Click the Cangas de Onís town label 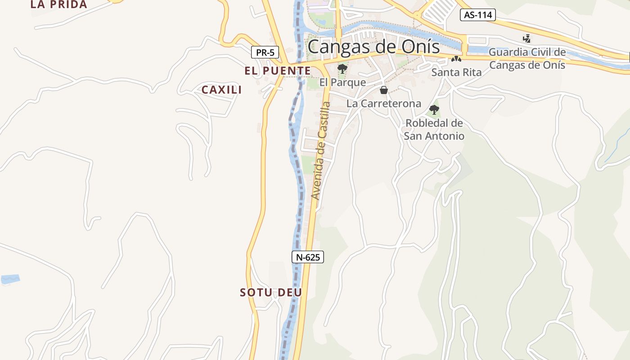click(x=373, y=46)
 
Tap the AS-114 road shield click(x=477, y=15)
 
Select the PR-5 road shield click(x=265, y=52)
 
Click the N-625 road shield click(x=308, y=257)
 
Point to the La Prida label click(x=58, y=4)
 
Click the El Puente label click(x=278, y=71)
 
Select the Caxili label click(x=221, y=90)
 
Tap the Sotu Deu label click(x=271, y=292)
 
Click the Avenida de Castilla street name click(x=321, y=151)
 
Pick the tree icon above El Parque click(x=342, y=69)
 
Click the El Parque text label click(x=342, y=83)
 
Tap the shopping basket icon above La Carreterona click(x=384, y=90)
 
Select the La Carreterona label click(x=383, y=103)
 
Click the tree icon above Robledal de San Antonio click(x=434, y=109)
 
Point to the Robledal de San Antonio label click(x=434, y=129)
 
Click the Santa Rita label click(x=456, y=72)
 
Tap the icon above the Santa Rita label click(x=456, y=59)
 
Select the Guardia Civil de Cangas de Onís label click(x=527, y=58)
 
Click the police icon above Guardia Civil click(x=526, y=39)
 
